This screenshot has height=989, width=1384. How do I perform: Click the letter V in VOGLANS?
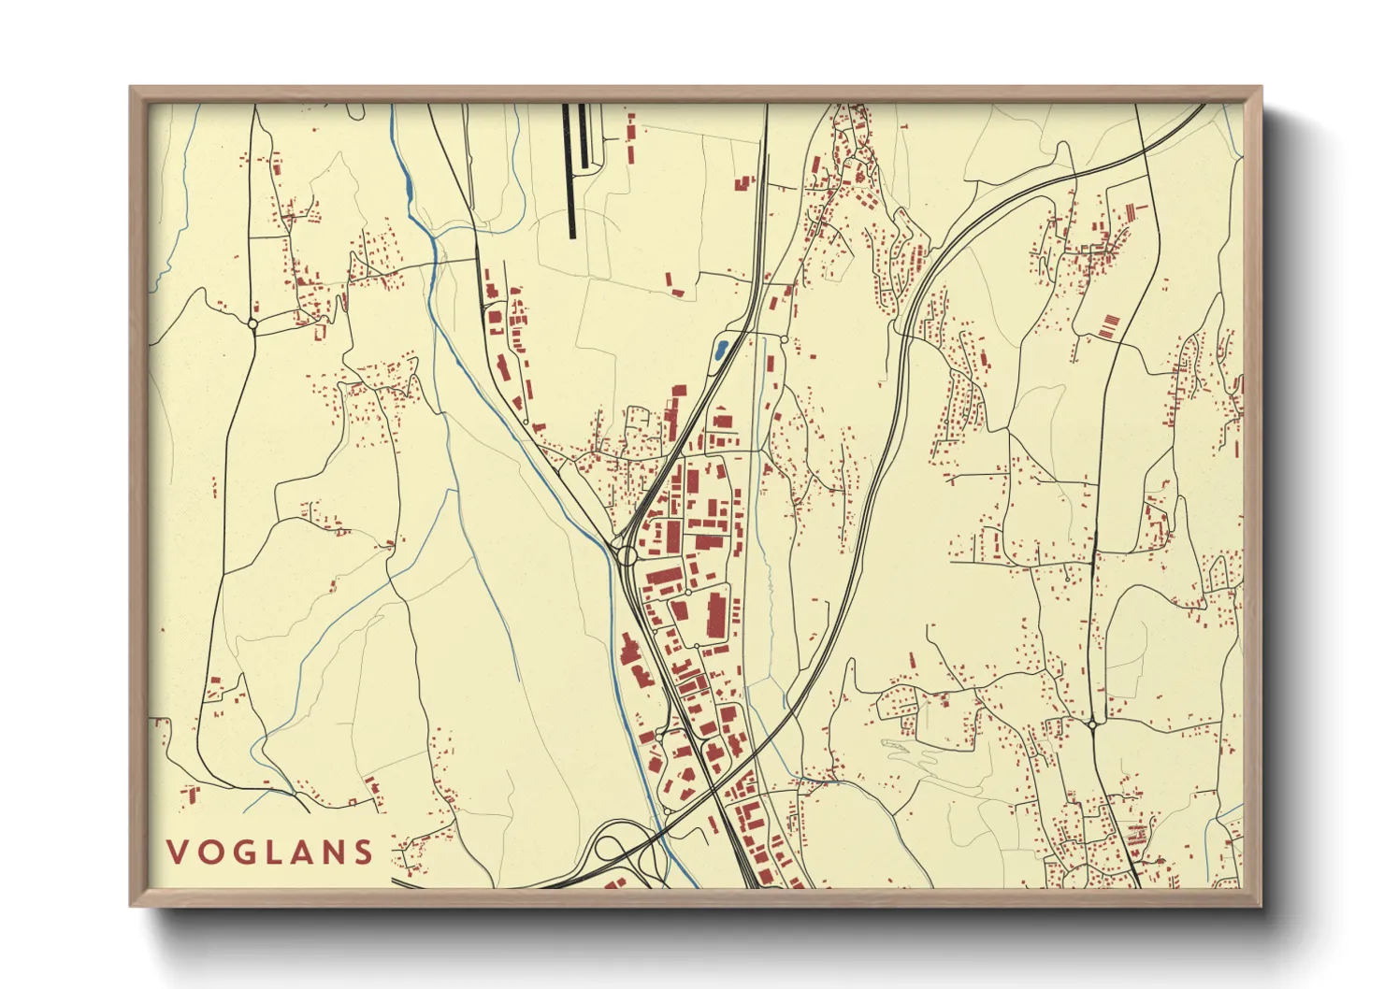click(x=175, y=852)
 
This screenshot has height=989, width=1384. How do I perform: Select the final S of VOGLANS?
click(x=364, y=852)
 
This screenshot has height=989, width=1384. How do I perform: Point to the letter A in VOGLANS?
click(x=301, y=852)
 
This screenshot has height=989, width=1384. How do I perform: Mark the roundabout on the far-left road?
click(x=252, y=324)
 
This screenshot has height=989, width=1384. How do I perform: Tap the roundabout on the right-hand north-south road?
click(x=1092, y=724)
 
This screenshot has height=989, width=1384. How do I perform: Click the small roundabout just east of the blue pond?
click(x=784, y=337)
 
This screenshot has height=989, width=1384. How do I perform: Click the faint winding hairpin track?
click(x=912, y=752)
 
